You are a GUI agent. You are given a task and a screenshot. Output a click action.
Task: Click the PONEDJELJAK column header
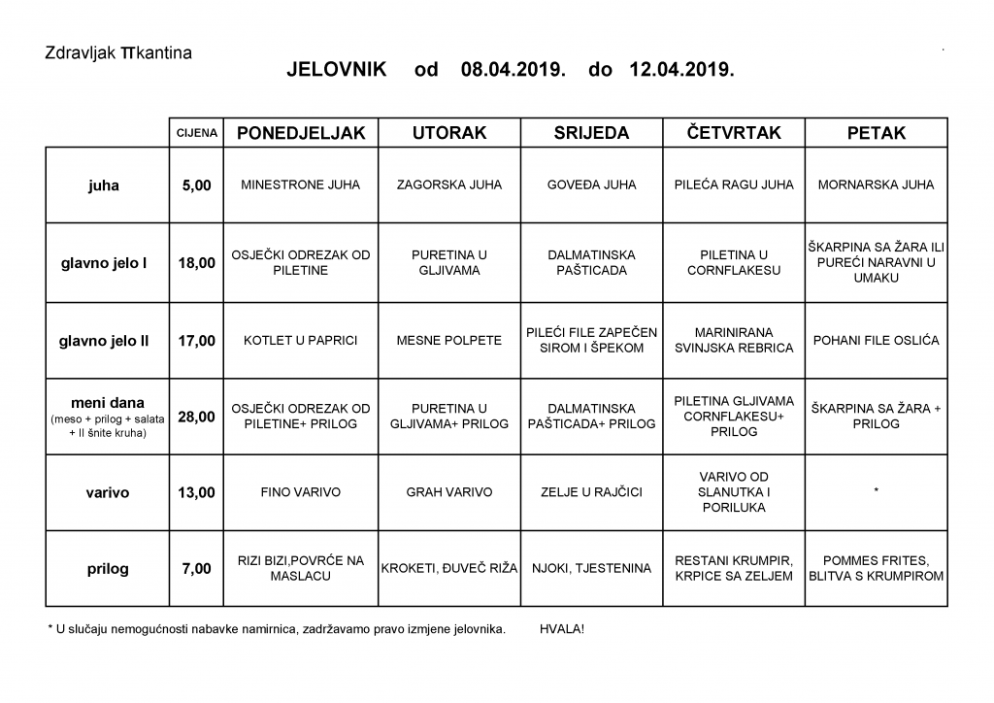pyautogui.click(x=301, y=133)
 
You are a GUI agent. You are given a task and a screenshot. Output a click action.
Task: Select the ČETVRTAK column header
pyautogui.click(x=733, y=132)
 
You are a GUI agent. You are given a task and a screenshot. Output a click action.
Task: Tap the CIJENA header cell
pyautogui.click(x=196, y=133)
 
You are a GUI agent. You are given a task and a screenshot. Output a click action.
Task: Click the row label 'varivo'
pyautogui.click(x=107, y=492)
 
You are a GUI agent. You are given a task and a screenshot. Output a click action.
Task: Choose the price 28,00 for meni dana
pyautogui.click(x=196, y=417)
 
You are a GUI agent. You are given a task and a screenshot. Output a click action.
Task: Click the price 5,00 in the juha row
pyautogui.click(x=196, y=185)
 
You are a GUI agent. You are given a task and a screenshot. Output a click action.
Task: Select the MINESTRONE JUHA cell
pyautogui.click(x=301, y=184)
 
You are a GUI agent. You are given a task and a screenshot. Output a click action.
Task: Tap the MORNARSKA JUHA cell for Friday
pyautogui.click(x=876, y=184)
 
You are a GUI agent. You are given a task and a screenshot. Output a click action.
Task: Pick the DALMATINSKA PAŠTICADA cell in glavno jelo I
pyautogui.click(x=591, y=262)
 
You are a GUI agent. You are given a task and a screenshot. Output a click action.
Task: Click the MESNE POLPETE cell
pyautogui.click(x=449, y=341)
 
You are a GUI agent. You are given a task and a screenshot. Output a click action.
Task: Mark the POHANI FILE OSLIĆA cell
pyautogui.click(x=876, y=341)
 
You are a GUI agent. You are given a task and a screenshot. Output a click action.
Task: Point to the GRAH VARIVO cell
pyautogui.click(x=449, y=492)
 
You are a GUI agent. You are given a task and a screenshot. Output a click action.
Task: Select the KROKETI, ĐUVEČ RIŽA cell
pyautogui.click(x=449, y=568)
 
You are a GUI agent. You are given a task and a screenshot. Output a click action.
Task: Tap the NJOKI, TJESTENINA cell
pyautogui.click(x=591, y=568)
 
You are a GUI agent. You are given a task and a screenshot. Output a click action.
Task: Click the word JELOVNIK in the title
pyautogui.click(x=336, y=70)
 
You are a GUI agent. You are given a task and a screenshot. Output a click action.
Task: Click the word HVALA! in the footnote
pyautogui.click(x=562, y=629)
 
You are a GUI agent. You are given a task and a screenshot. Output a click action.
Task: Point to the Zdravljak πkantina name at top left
pyautogui.click(x=118, y=52)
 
